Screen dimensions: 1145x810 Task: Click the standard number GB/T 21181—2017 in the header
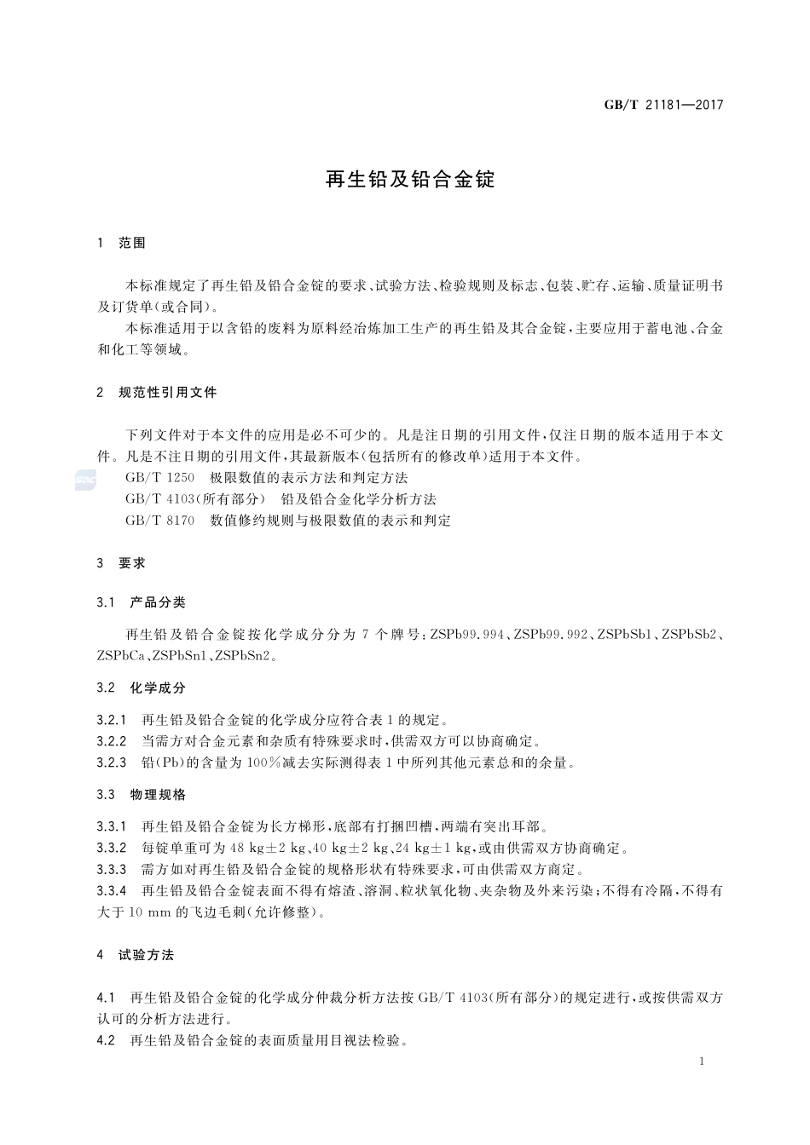[x=663, y=106]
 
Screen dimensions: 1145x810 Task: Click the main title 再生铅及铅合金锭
[x=410, y=180]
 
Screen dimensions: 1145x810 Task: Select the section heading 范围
[x=132, y=243]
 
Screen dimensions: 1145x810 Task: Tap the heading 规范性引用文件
[x=168, y=393]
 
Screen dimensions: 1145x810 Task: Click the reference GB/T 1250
[x=159, y=478]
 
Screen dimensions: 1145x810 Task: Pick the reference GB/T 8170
[x=159, y=520]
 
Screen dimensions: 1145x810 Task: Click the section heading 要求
[x=132, y=563]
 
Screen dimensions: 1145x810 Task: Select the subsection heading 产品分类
[x=158, y=602]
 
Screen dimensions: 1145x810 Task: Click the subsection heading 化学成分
[x=158, y=688]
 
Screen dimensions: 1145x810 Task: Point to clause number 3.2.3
[x=112, y=762]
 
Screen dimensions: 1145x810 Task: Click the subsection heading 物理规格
[x=158, y=795]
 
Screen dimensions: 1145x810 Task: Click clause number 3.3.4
[x=112, y=891]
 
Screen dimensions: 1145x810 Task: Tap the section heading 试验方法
[x=146, y=955]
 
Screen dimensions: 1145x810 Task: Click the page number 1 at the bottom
[x=701, y=1062]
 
